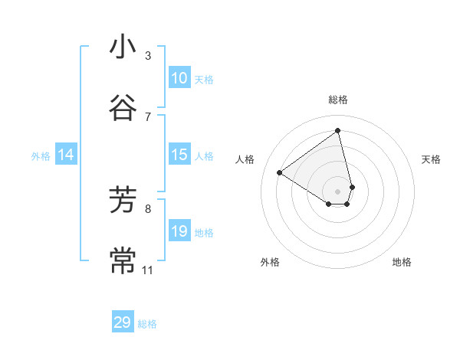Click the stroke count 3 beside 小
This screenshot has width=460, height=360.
coord(148,56)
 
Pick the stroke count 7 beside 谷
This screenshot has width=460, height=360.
coord(148,116)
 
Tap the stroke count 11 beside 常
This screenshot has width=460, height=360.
coord(148,270)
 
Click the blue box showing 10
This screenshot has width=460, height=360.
coord(179,78)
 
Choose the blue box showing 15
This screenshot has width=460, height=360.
coord(179,155)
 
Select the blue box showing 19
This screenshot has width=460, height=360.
coord(179,231)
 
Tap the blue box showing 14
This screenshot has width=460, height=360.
coord(66,155)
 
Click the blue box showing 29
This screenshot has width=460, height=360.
coord(123,323)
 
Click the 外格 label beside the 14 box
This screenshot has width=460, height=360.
coord(41,156)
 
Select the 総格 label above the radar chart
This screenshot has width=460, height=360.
coord(338,100)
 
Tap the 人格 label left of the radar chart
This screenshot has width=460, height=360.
coord(245,159)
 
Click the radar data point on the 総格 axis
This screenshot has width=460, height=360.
coord(338,130)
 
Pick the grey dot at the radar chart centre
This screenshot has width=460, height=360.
coord(338,191)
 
